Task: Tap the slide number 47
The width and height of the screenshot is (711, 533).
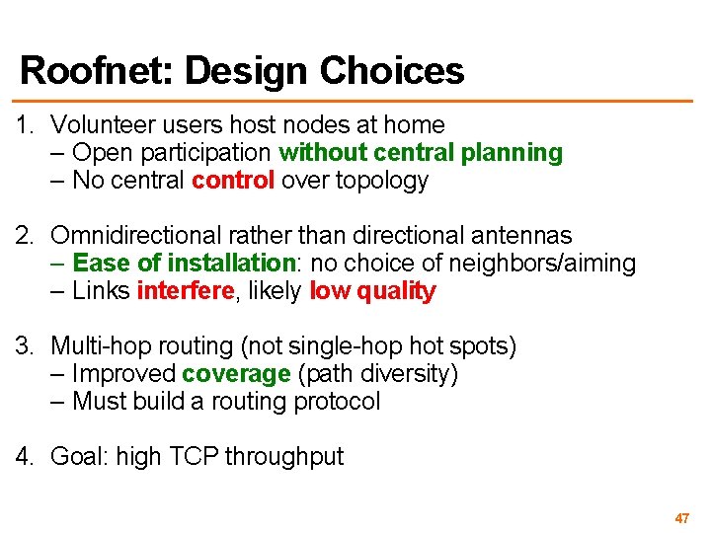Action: point(681,518)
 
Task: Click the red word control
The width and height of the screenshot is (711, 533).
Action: point(233,181)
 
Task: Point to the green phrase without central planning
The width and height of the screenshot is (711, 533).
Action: point(421,153)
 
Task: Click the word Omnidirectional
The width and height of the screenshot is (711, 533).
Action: point(135,236)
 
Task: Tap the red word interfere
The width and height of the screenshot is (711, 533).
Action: point(186,291)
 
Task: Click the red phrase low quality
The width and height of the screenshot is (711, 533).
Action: point(372,291)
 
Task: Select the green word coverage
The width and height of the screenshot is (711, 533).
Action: point(236,374)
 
